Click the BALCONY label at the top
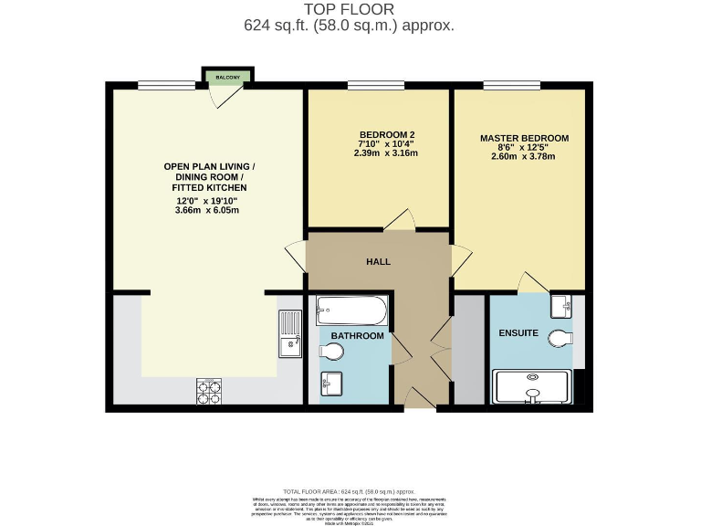click(228, 78)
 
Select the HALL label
click(378, 262)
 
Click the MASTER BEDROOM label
click(524, 139)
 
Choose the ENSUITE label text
click(519, 332)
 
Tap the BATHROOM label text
click(357, 336)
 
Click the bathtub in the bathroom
click(351, 311)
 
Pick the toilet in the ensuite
click(561, 339)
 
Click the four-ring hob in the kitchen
click(209, 391)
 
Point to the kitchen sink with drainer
click(290, 333)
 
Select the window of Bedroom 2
click(376, 86)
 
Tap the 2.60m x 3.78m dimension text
click(523, 156)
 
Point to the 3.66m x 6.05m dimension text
click(207, 210)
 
